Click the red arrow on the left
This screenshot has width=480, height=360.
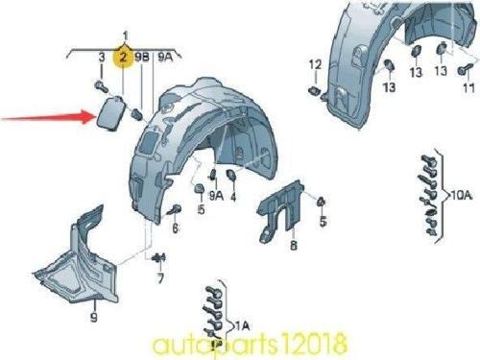point(48,118)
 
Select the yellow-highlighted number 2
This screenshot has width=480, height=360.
point(123,58)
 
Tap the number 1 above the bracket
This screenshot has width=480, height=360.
point(126,36)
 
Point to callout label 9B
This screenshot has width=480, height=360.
point(142,58)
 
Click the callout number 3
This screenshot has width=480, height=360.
point(102,58)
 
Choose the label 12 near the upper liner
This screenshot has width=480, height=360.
point(315,64)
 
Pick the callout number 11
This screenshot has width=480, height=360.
point(468,87)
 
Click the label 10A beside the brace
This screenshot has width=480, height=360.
point(461,195)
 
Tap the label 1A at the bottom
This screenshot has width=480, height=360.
point(242,325)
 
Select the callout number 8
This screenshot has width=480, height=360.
point(294,245)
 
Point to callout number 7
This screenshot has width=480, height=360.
point(161,278)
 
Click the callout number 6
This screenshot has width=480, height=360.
point(175,228)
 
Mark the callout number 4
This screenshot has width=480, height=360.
point(233,196)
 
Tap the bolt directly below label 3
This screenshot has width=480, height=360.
point(101,86)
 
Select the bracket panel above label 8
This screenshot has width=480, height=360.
point(281,211)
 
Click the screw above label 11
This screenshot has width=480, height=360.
point(465,69)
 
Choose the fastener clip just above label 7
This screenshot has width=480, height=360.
point(159,257)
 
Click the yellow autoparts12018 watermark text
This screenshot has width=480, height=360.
point(250,344)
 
